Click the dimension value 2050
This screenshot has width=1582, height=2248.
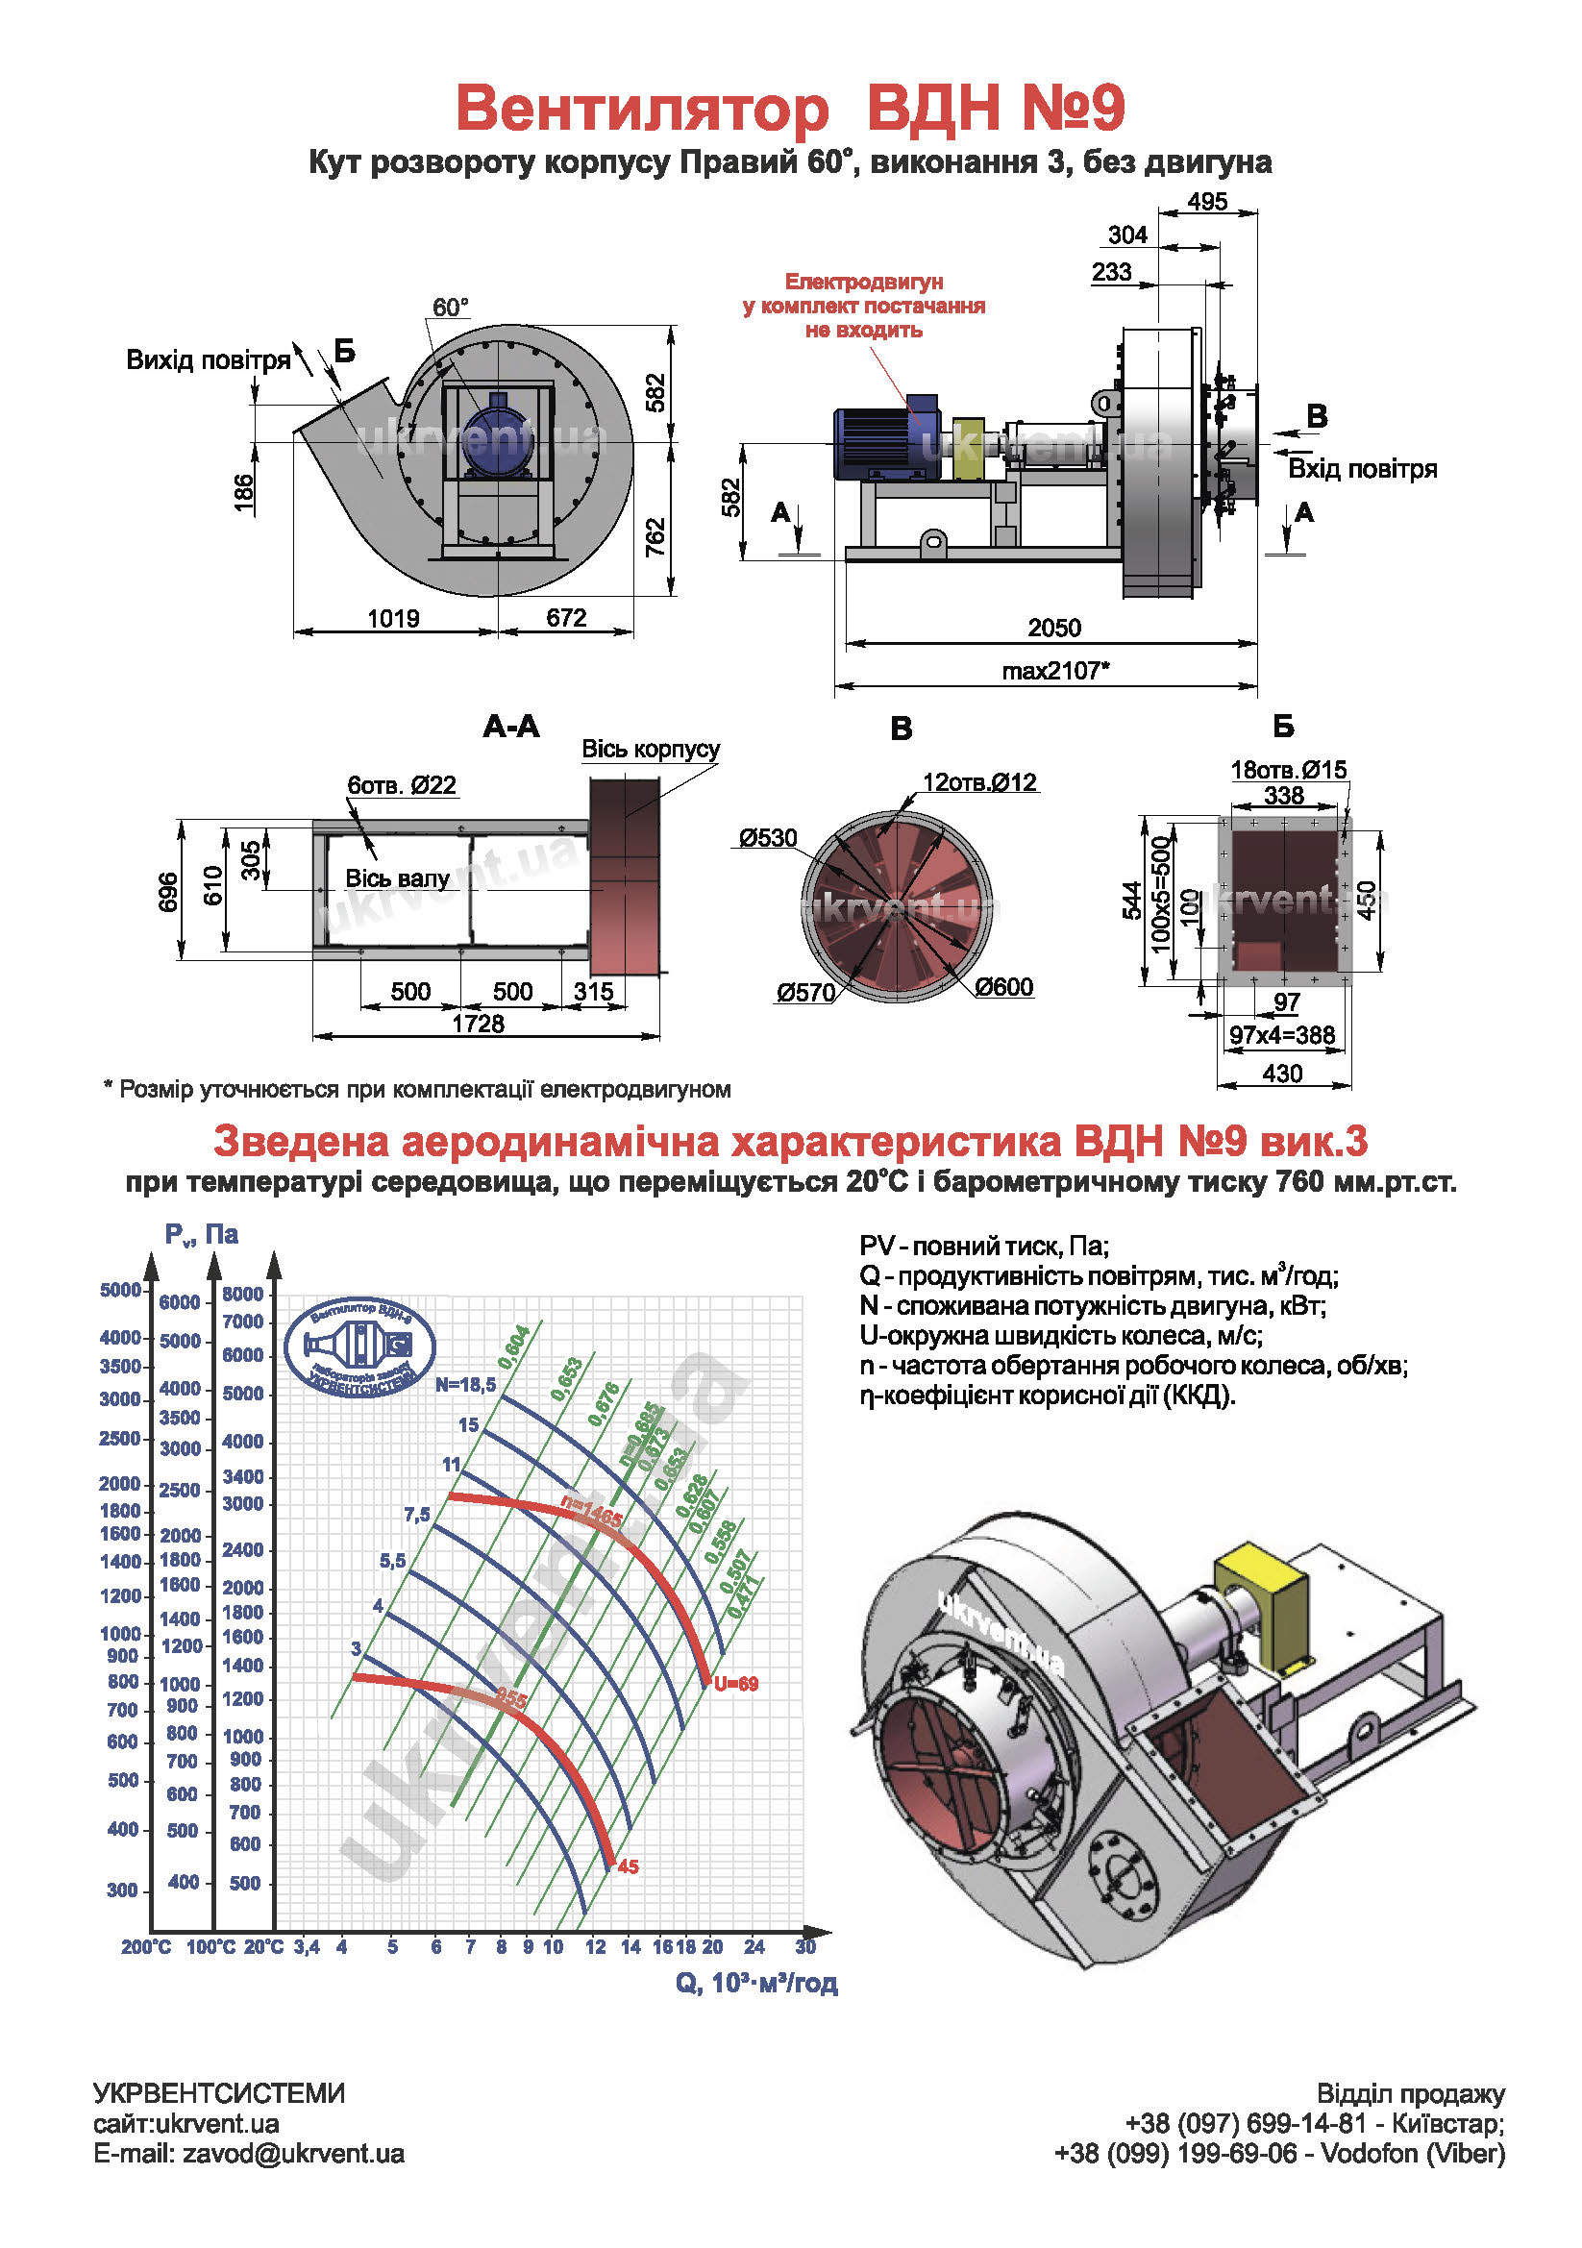tap(1053, 628)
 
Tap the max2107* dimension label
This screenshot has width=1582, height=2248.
tap(1054, 671)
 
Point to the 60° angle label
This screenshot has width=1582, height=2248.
tap(451, 308)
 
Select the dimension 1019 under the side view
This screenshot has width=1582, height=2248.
tap(392, 619)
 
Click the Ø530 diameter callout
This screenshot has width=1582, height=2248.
tap(768, 838)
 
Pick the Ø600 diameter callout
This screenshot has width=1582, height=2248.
tap(1003, 987)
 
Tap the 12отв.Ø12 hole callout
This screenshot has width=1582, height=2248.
tap(979, 782)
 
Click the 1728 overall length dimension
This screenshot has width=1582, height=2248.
tap(478, 1025)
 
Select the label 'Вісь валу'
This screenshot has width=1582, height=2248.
tap(397, 878)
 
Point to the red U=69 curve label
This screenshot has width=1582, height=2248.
tap(735, 1684)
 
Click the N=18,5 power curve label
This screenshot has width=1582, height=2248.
tap(465, 1384)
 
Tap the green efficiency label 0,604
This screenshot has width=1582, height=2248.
tap(514, 1347)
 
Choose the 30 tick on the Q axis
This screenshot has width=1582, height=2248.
tap(804, 1946)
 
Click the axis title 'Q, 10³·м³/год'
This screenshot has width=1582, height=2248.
tap(755, 1983)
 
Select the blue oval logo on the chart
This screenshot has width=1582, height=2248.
tap(359, 1346)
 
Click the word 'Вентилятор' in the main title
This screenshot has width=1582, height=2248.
tap(642, 108)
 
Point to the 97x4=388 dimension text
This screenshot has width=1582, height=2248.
tap(1281, 1035)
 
